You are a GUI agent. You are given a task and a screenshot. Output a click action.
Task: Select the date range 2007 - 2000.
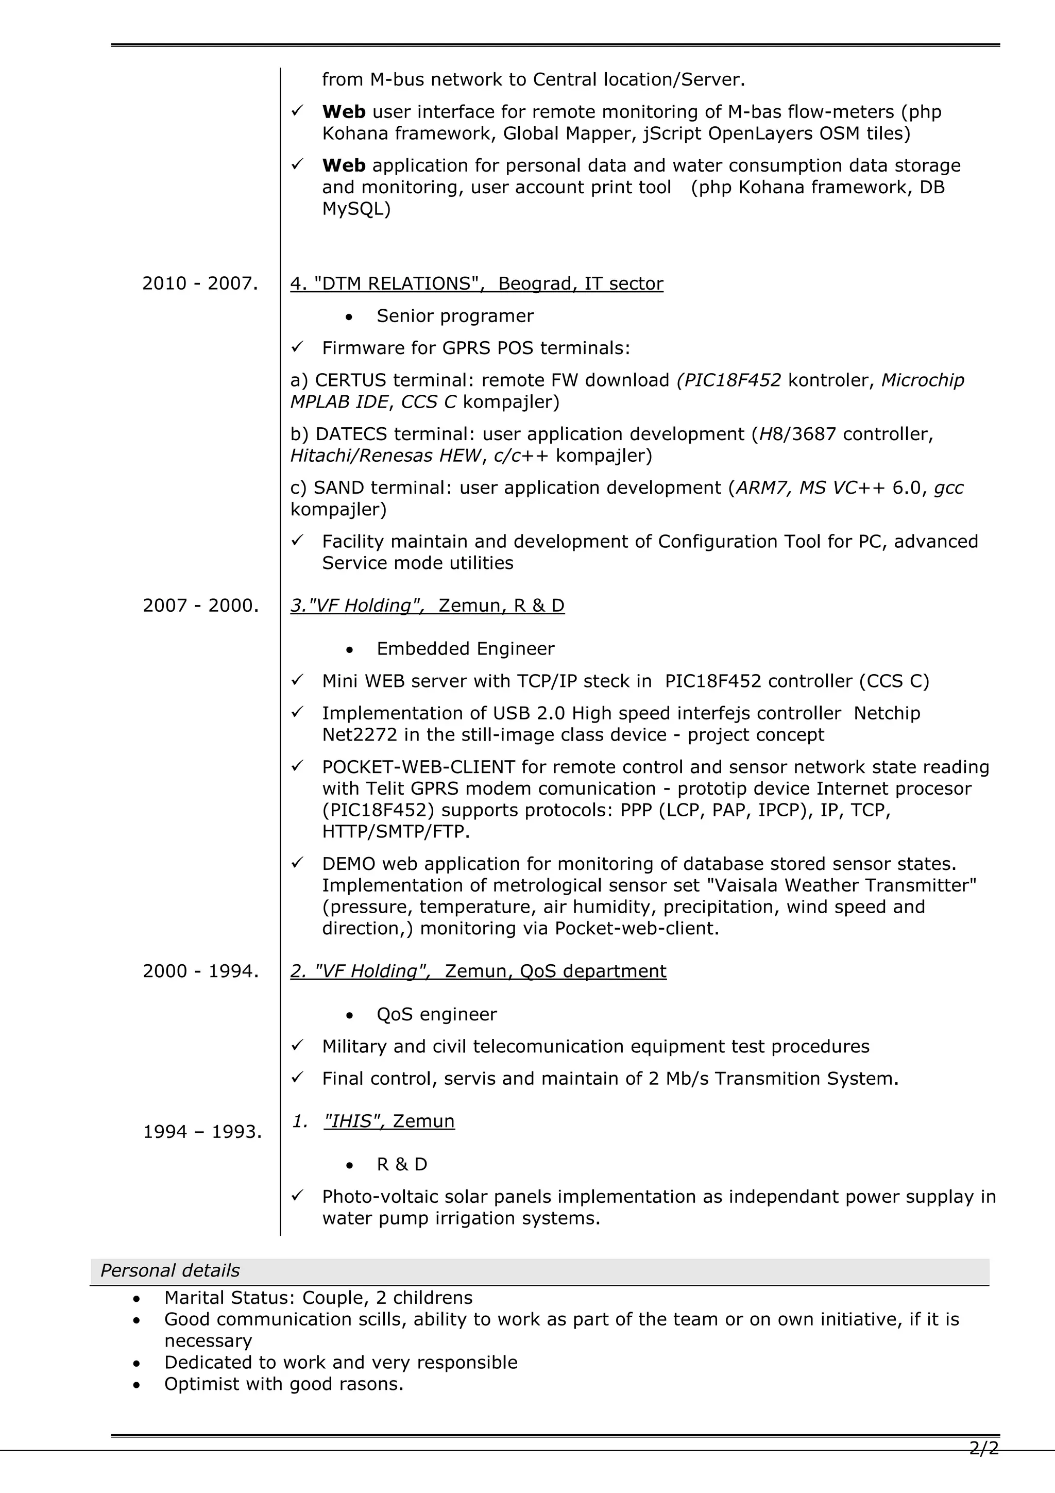coord(200,606)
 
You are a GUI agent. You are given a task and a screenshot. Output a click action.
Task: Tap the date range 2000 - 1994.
coord(200,971)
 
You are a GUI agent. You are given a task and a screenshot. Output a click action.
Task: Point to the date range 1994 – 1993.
coord(202,1132)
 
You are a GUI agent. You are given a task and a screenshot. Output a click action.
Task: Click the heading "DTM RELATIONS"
coord(477,283)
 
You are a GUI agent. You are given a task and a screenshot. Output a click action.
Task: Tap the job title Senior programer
coord(454,316)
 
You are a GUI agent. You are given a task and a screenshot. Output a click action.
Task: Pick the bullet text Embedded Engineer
coord(465,649)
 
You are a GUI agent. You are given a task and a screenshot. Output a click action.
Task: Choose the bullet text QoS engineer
coord(436,1014)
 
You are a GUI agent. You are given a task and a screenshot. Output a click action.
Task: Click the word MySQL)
coord(355,209)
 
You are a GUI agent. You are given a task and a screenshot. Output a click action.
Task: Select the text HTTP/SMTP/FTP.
coord(395,832)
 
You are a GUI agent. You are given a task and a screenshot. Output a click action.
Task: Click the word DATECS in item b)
coord(351,434)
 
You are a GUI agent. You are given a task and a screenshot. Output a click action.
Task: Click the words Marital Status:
coord(230,1297)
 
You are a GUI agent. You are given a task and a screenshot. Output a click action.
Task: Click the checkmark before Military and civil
coord(297,1046)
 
